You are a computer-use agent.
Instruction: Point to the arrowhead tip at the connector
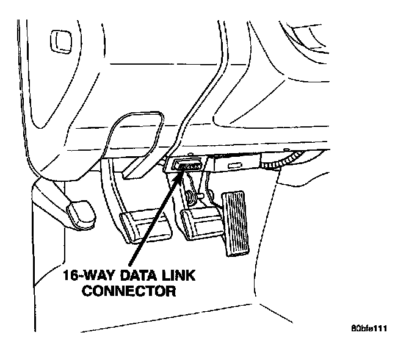coord(182,173)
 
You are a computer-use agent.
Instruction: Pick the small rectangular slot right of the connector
coord(235,166)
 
